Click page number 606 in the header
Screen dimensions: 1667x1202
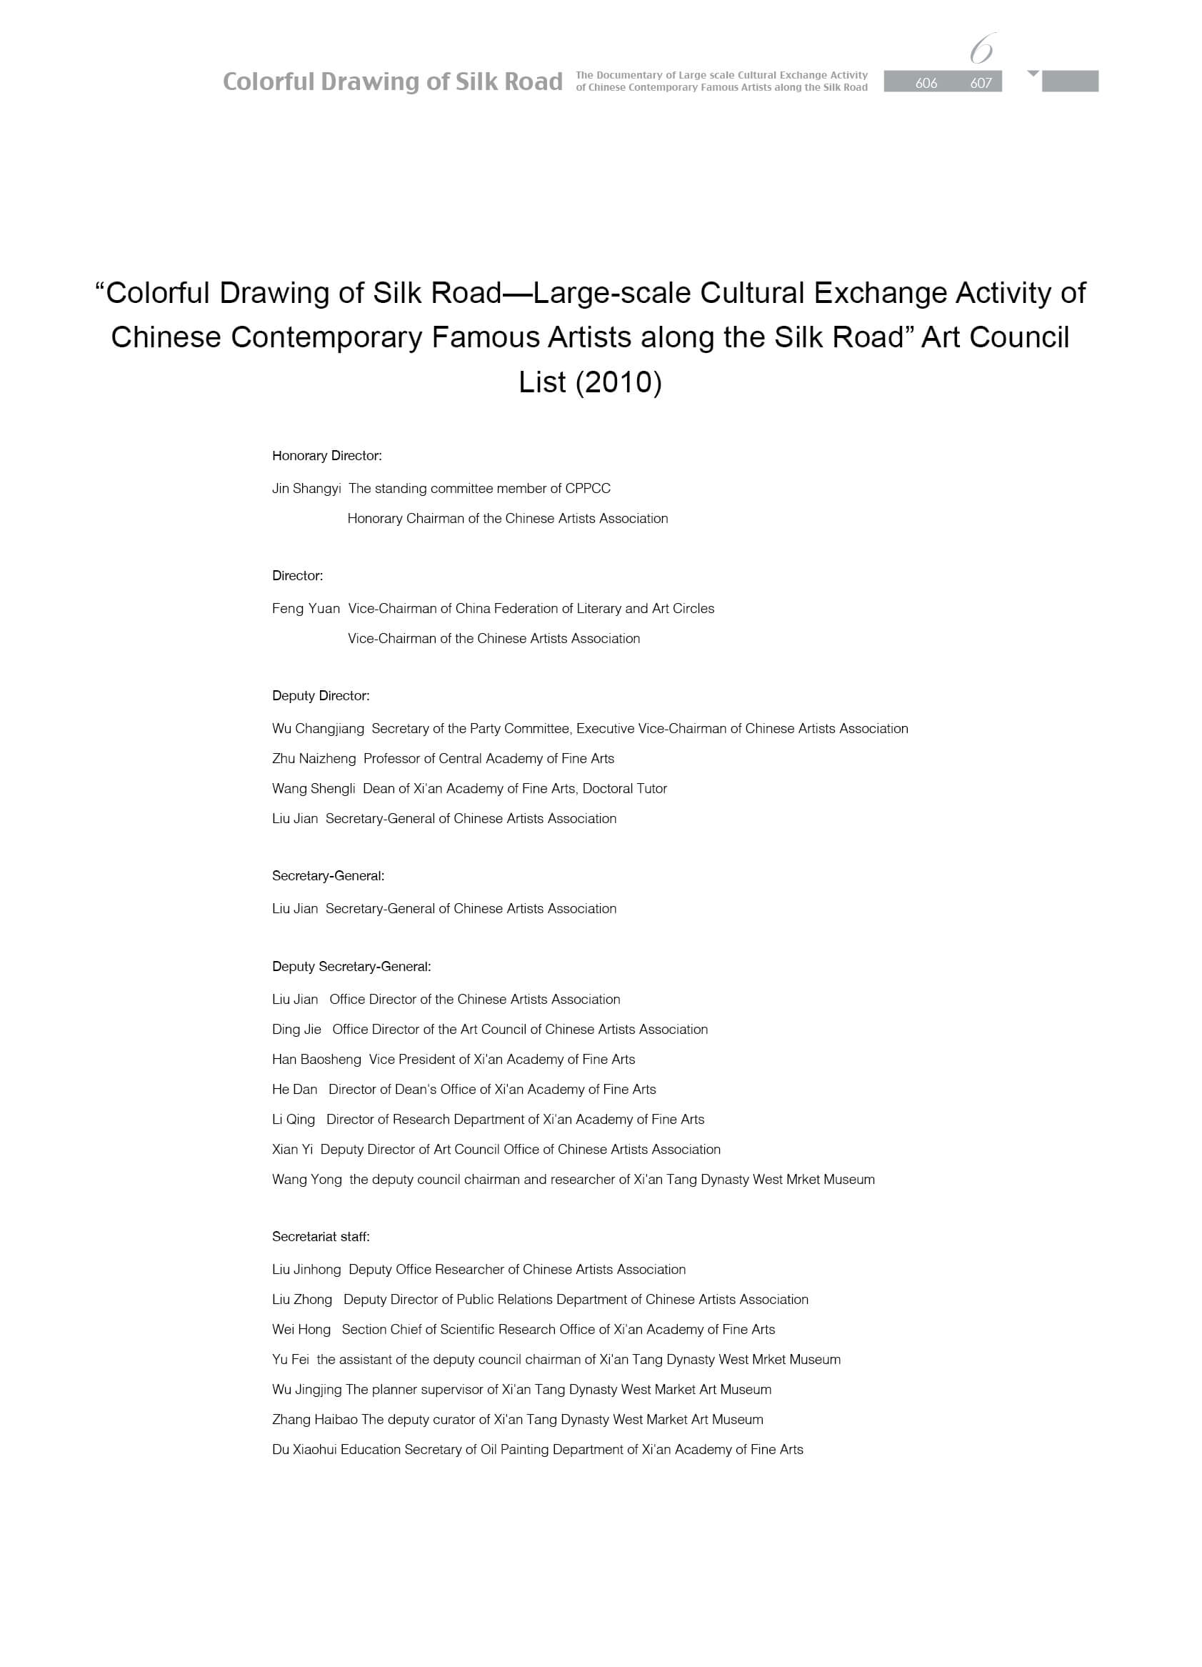(x=926, y=83)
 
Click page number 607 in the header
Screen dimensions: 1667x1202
(x=981, y=83)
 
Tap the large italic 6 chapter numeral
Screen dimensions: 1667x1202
(x=981, y=49)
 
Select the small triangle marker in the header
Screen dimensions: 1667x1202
(x=1033, y=74)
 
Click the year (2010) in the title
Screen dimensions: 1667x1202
(x=618, y=382)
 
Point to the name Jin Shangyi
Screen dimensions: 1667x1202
(x=306, y=489)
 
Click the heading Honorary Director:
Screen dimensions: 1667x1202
(x=327, y=456)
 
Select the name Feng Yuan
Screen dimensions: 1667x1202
(x=306, y=609)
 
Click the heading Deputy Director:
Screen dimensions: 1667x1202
(x=321, y=696)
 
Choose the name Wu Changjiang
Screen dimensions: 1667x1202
(x=317, y=729)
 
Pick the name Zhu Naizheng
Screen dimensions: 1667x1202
(x=314, y=759)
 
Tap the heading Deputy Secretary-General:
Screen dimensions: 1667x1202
(x=351, y=967)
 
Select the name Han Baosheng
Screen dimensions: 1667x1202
(x=316, y=1059)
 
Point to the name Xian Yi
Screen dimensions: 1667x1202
(x=291, y=1150)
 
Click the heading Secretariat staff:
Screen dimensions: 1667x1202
(x=321, y=1237)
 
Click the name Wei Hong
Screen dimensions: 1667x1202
(x=301, y=1330)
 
